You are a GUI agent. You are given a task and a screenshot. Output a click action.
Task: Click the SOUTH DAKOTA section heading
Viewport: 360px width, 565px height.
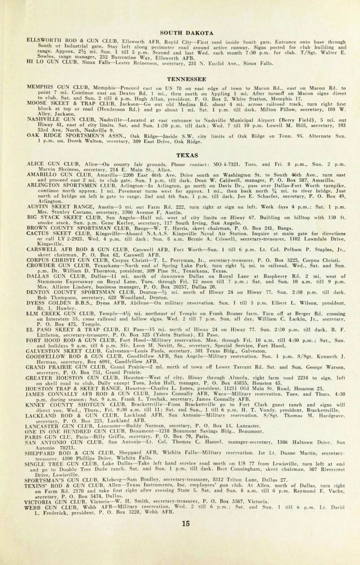coord(187,33)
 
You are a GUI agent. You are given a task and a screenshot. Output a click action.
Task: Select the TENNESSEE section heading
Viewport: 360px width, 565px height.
coord(187,80)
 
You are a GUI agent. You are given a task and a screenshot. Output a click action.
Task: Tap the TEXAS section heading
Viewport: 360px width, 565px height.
coord(187,155)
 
